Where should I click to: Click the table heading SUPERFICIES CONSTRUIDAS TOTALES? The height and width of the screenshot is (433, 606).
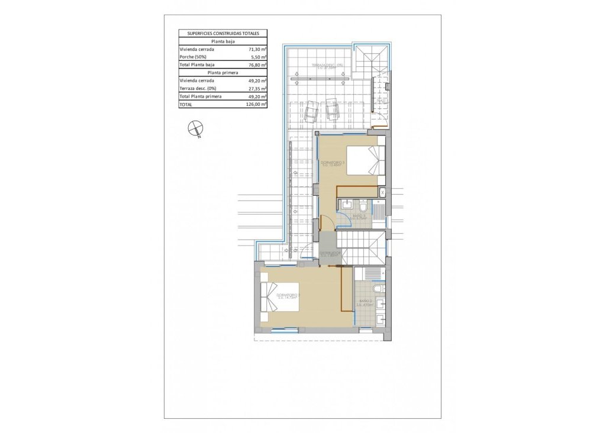[x=223, y=34]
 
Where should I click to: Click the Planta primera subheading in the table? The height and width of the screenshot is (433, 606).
[x=223, y=72]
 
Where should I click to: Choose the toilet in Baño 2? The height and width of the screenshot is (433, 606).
[x=378, y=288]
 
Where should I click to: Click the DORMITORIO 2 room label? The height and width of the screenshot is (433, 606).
[x=289, y=296]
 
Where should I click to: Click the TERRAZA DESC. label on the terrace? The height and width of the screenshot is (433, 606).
[x=316, y=66]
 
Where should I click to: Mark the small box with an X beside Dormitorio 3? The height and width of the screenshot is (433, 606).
[x=382, y=192]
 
